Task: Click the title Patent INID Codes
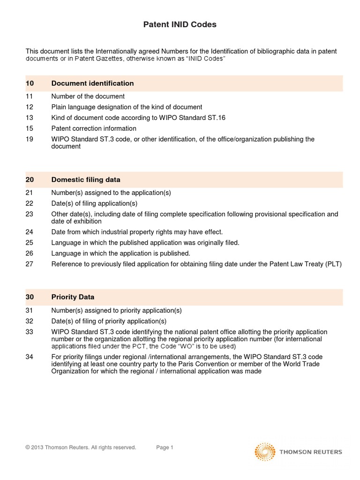click(180, 25)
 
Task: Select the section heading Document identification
click(92, 83)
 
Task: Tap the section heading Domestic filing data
click(86, 180)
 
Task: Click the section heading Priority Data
click(73, 297)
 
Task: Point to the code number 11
click(30, 97)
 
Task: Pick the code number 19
click(30, 139)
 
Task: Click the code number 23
click(30, 214)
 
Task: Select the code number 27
click(30, 264)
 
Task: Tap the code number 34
click(30, 357)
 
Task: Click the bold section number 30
click(30, 297)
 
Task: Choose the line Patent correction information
click(94, 128)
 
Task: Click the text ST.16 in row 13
click(216, 118)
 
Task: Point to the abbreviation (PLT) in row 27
click(333, 264)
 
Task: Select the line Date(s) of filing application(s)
click(94, 203)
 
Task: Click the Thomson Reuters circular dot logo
click(265, 452)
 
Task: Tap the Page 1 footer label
click(165, 448)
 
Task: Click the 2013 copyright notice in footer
click(81, 448)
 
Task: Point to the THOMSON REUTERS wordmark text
click(310, 452)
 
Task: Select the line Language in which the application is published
click(120, 254)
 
